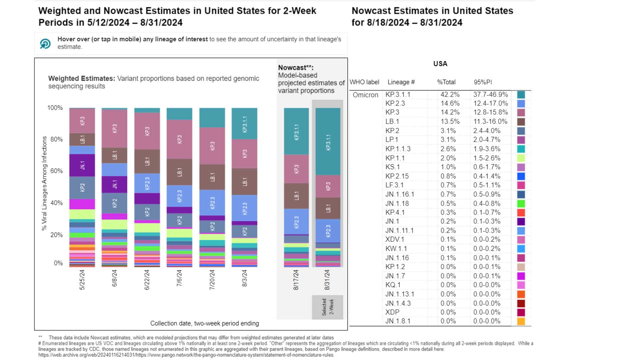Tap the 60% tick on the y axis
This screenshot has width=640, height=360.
(x=56, y=171)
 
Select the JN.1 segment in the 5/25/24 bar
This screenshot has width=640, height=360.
(x=82, y=165)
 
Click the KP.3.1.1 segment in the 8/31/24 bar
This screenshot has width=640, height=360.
(x=328, y=142)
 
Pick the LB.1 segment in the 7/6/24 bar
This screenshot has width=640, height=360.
(x=179, y=172)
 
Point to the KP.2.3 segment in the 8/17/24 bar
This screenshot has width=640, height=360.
(x=296, y=222)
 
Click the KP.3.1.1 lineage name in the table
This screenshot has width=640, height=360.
(x=398, y=95)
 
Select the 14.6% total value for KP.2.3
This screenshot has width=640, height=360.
(x=450, y=104)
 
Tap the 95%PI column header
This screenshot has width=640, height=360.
(x=483, y=82)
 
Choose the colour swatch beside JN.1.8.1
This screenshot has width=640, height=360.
(x=521, y=321)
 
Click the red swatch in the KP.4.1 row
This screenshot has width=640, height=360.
(x=521, y=213)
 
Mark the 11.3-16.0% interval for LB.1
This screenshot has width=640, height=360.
(x=490, y=122)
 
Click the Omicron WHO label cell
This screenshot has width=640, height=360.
(x=365, y=95)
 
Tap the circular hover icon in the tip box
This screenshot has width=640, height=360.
(x=45, y=44)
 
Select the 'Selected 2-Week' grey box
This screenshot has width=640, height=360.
(x=327, y=307)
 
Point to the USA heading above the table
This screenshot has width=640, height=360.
(x=440, y=64)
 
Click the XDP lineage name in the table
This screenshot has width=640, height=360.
(x=392, y=312)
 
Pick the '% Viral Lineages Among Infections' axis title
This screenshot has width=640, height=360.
(x=44, y=183)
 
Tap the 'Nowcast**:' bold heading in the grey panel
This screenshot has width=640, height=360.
(x=296, y=68)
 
